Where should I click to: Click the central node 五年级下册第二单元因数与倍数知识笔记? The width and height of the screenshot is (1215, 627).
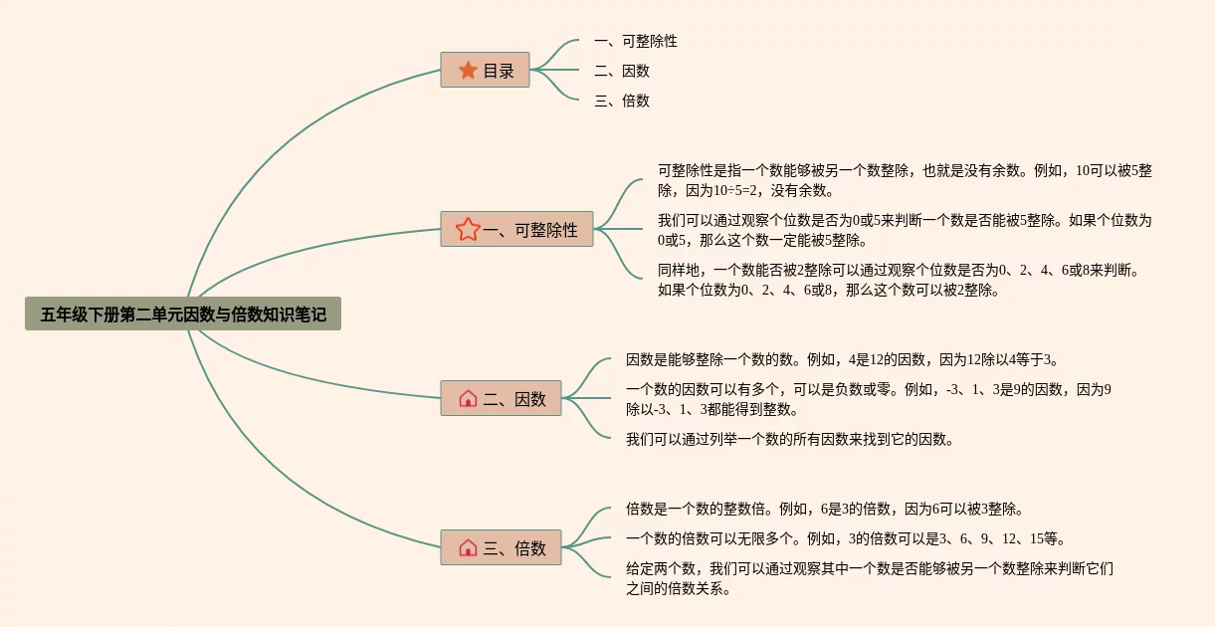click(x=183, y=314)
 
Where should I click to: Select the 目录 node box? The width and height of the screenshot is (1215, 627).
click(x=485, y=71)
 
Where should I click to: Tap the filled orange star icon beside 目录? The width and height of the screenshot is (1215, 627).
click(x=468, y=71)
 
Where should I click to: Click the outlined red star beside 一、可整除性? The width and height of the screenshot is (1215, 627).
click(x=468, y=230)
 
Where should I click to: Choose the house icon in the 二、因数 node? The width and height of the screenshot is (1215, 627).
click(x=468, y=399)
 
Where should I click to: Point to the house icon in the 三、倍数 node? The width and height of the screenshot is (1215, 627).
click(x=468, y=548)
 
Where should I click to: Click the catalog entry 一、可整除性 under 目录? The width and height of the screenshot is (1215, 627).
click(x=635, y=42)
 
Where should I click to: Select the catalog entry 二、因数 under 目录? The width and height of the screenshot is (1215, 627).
click(x=621, y=72)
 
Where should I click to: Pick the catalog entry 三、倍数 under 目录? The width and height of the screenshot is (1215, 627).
click(x=621, y=101)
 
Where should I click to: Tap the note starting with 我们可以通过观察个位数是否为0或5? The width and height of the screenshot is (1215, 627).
click(x=904, y=230)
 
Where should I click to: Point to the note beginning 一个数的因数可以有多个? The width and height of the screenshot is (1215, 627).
click(x=868, y=399)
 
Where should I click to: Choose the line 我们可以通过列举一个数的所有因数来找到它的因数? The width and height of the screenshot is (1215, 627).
click(x=789, y=439)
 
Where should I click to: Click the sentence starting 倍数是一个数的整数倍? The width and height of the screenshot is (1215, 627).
click(x=825, y=510)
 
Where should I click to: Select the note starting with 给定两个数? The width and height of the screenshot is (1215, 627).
click(x=869, y=578)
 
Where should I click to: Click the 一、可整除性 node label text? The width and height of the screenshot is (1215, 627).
click(x=530, y=230)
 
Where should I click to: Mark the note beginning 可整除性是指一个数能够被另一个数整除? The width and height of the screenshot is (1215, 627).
click(x=904, y=180)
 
